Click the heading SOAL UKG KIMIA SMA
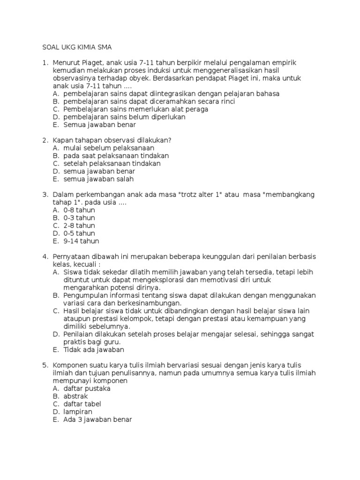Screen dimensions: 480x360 77,47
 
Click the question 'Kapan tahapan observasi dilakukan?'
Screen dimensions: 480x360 112,140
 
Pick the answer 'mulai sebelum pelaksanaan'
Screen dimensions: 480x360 109,148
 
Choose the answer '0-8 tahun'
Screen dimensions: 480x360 79,210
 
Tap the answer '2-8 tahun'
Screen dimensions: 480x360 79,225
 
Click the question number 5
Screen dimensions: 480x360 45,365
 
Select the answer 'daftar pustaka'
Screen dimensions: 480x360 87,389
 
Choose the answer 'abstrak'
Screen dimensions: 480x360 75,396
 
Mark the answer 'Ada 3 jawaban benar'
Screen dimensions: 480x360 97,420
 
